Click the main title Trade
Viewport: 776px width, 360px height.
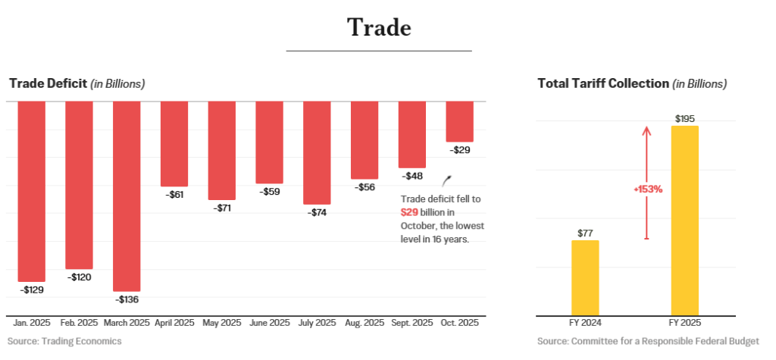pos(379,27)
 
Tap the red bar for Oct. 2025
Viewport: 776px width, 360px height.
pos(459,121)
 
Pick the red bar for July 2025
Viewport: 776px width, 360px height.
pos(317,152)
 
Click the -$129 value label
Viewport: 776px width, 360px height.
pos(32,290)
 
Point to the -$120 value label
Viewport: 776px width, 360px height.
pos(79,277)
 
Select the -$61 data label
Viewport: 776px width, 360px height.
pos(174,195)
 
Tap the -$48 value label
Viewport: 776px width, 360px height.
pos(412,176)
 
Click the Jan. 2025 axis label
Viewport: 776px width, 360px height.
pos(32,323)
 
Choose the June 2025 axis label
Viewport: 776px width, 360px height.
pos(269,323)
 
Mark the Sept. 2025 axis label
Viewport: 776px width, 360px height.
pos(411,323)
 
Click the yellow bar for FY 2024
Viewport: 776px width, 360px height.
pos(585,277)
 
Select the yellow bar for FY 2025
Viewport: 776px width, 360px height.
pos(684,221)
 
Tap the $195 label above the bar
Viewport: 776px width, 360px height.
pos(684,118)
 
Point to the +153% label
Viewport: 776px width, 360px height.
pos(648,189)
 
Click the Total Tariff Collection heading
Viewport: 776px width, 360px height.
pos(603,83)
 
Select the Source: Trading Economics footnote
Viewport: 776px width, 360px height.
pos(64,341)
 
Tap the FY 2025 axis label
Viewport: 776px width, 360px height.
pos(684,323)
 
